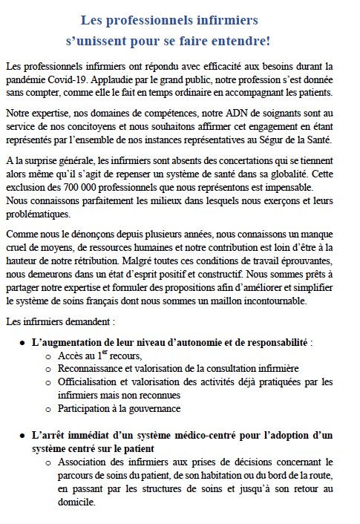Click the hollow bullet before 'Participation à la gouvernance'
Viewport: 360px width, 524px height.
pyautogui.click(x=48, y=409)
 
